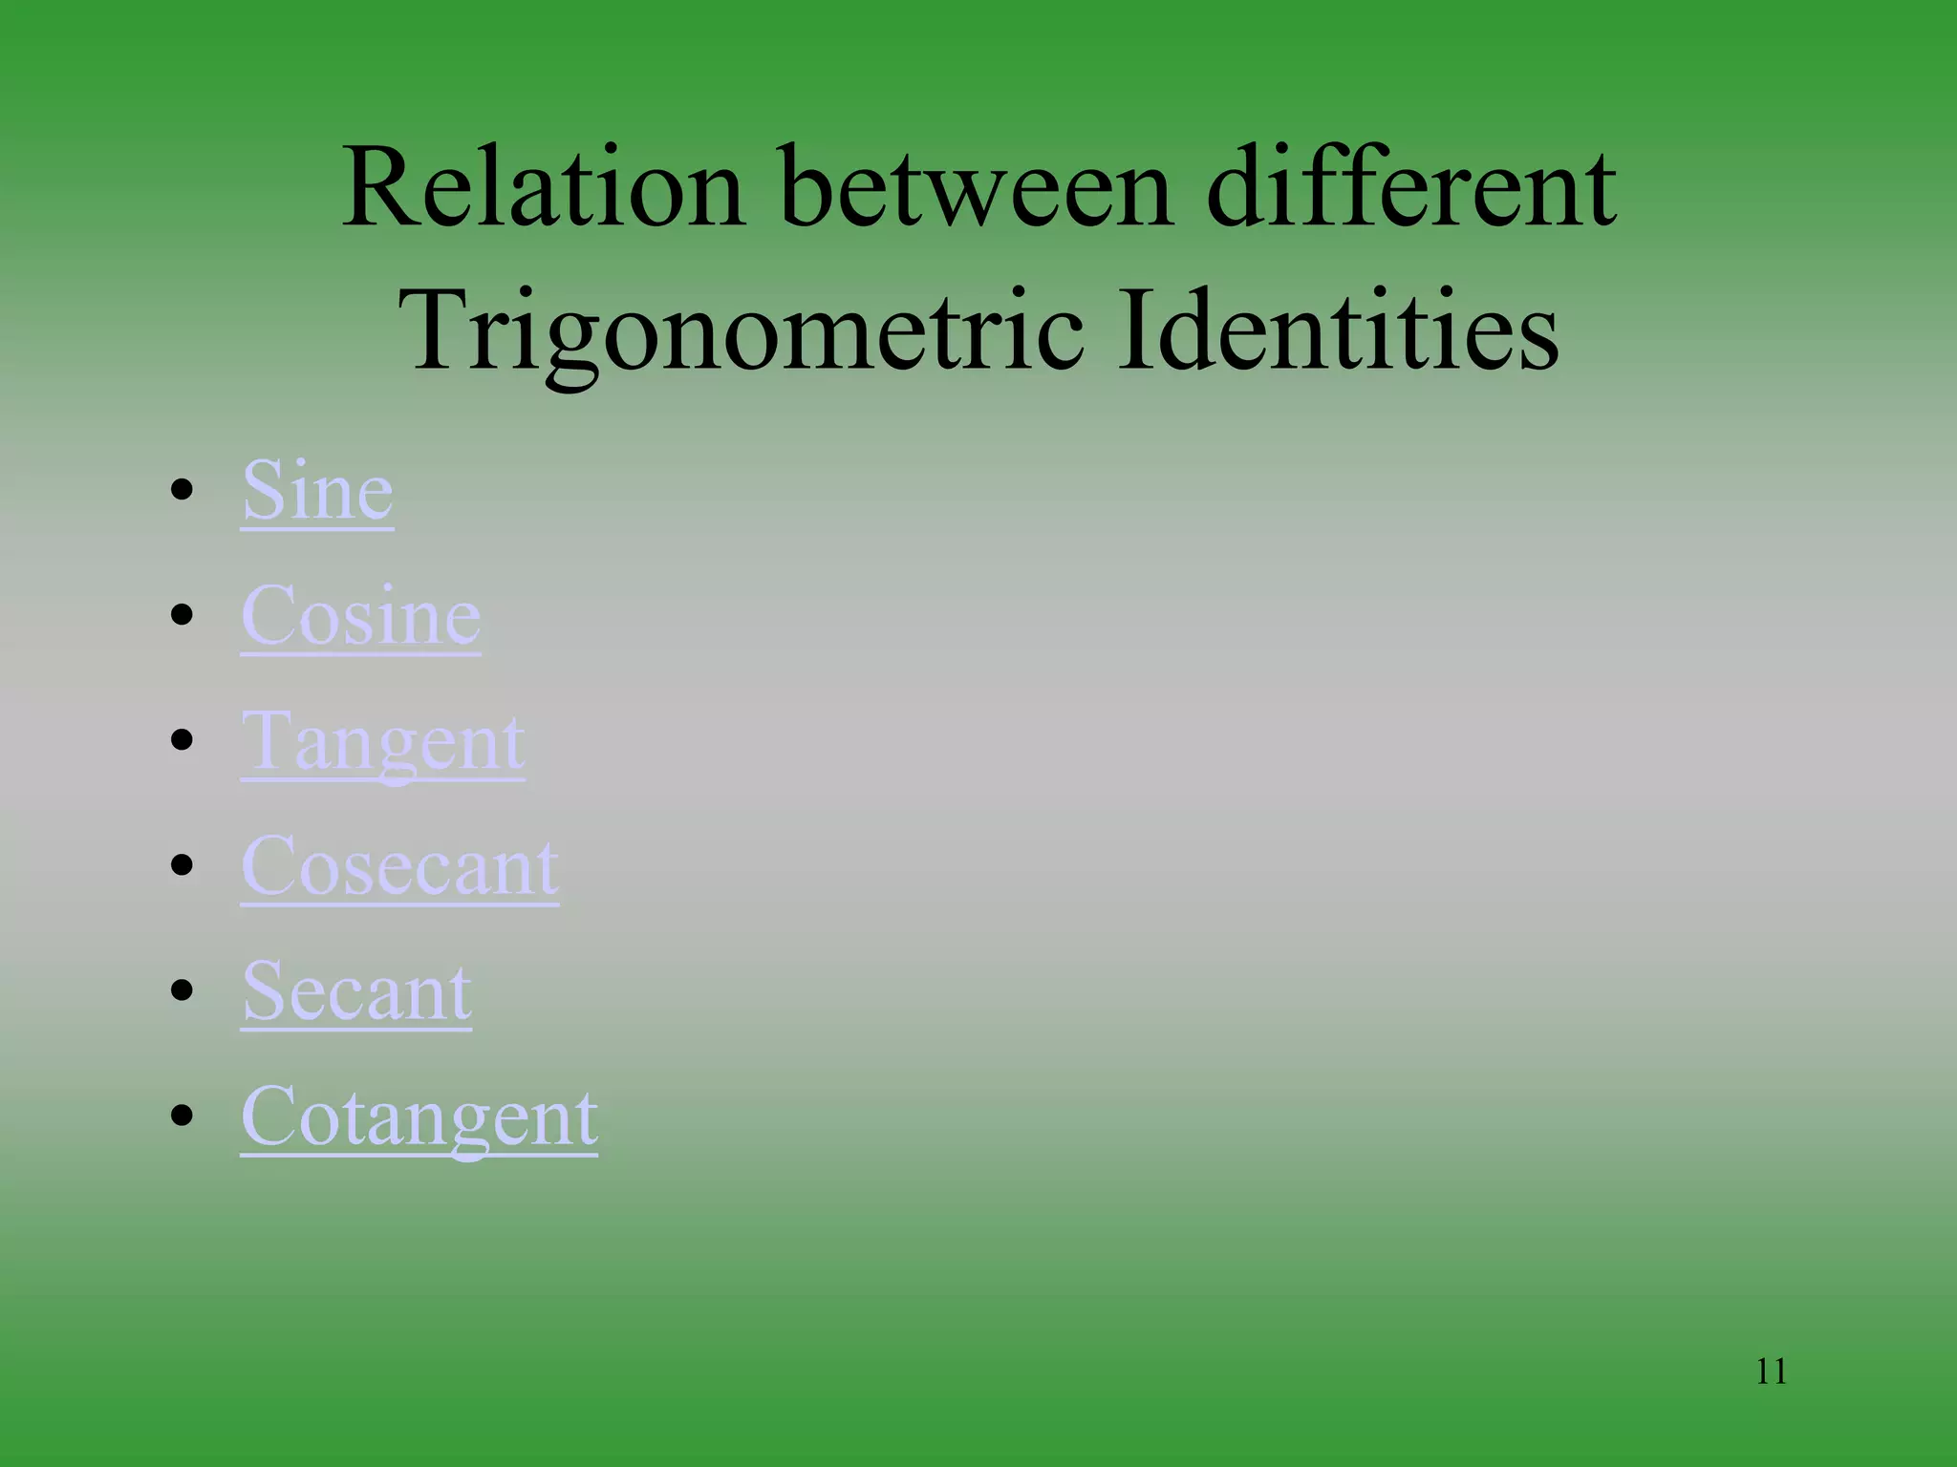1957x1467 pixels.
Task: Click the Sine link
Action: click(x=317, y=491)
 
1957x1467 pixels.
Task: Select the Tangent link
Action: click(x=382, y=742)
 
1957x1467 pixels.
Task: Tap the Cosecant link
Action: click(x=399, y=867)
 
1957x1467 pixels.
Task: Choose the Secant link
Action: click(x=356, y=992)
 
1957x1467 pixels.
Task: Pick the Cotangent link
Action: click(x=419, y=1117)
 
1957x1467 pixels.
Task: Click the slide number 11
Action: click(x=1771, y=1371)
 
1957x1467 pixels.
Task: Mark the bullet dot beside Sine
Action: click(x=182, y=492)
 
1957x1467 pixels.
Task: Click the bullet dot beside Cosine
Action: click(x=182, y=616)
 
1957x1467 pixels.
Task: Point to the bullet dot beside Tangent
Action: click(x=182, y=741)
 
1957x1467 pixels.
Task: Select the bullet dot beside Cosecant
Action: click(x=182, y=866)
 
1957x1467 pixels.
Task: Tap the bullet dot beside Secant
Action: click(x=182, y=991)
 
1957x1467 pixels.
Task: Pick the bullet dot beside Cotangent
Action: click(x=182, y=1116)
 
